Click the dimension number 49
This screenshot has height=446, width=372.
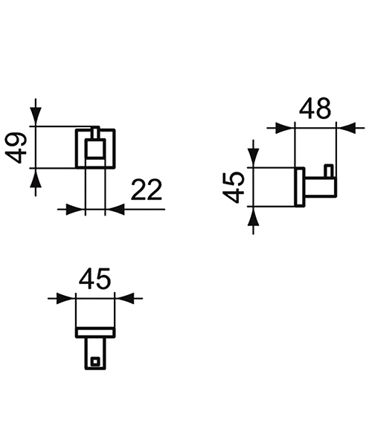[x=20, y=147]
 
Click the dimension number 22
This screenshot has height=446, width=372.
[x=146, y=191]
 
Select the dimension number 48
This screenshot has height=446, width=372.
[x=315, y=109]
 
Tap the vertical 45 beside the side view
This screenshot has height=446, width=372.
[x=235, y=187]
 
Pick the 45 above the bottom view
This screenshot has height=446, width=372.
[x=94, y=279]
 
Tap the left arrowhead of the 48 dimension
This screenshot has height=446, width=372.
[x=286, y=129]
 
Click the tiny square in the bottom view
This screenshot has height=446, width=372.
[x=94, y=363]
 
